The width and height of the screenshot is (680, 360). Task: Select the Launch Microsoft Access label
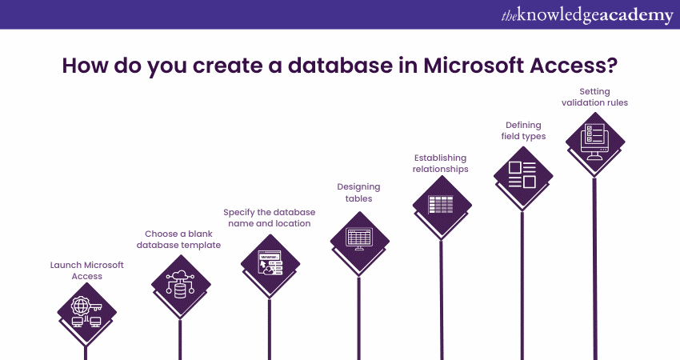(86, 270)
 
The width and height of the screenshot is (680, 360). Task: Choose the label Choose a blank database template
(178, 239)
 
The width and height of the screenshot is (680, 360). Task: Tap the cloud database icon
(180, 284)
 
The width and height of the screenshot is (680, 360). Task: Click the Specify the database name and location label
(270, 218)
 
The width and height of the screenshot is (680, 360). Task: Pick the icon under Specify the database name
(270, 263)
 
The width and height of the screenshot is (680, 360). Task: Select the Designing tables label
(358, 192)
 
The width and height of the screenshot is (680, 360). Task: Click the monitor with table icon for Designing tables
(359, 238)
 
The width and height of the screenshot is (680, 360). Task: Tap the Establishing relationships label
(441, 162)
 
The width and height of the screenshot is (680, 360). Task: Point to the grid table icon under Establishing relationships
(441, 205)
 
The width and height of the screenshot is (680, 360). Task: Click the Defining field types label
(523, 130)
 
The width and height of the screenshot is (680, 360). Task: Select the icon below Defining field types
(522, 174)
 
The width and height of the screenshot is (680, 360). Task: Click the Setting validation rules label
(593, 97)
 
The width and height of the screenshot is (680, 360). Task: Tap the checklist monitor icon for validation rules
(594, 141)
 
